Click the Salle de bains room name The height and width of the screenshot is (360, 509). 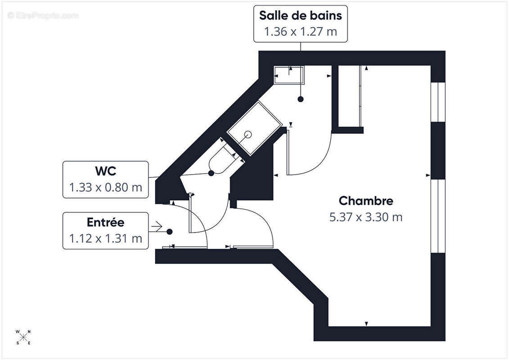301,15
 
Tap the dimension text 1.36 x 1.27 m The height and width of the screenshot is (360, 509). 301,32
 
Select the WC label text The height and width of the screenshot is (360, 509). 105,171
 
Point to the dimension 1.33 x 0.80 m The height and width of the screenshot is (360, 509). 105,188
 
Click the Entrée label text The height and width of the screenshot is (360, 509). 105,222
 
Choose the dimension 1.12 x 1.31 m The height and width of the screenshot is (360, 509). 105,238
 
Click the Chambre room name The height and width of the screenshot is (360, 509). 365,201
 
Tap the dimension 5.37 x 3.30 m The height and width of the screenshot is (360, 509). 365,217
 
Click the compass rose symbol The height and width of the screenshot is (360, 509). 23,337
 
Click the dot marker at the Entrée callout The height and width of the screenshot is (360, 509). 169,232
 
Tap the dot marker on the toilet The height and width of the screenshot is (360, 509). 211,173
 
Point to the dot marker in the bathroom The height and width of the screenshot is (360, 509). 300,99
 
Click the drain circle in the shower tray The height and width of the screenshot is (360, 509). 247,134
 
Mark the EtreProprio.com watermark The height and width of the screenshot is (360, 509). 43,16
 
